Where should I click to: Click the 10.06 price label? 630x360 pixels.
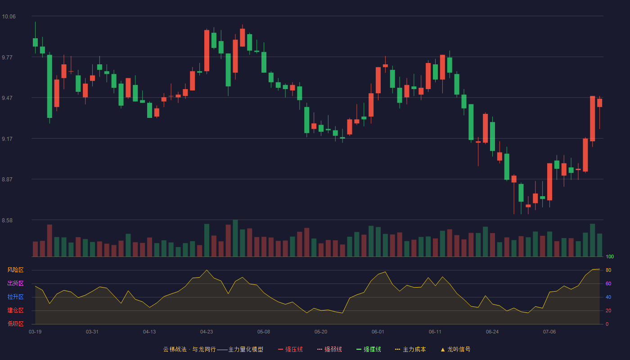pyautogui.click(x=9, y=17)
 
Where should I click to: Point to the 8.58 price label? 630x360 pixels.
pyautogui.click(x=7, y=220)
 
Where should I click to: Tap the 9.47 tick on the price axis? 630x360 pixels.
pyautogui.click(x=7, y=98)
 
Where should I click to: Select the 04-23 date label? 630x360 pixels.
pyautogui.click(x=207, y=332)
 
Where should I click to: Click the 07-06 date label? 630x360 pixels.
pyautogui.click(x=549, y=332)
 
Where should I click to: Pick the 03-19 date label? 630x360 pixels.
pyautogui.click(x=35, y=332)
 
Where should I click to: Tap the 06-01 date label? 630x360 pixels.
pyautogui.click(x=378, y=332)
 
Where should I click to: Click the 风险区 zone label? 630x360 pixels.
pyautogui.click(x=15, y=270)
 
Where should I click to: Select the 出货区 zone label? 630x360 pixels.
pyautogui.click(x=15, y=283)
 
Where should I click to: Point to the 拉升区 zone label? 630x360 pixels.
pyautogui.click(x=15, y=297)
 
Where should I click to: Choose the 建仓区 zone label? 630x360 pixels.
pyautogui.click(x=15, y=310)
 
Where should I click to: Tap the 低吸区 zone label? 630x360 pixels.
pyautogui.click(x=15, y=324)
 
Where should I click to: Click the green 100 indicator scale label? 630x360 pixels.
pyautogui.click(x=610, y=256)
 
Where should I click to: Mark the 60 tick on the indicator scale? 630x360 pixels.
pyautogui.click(x=608, y=283)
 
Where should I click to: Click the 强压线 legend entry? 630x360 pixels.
pyautogui.click(x=290, y=349)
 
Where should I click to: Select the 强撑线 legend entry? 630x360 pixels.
pyautogui.click(x=369, y=349)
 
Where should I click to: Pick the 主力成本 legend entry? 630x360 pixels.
pyautogui.click(x=410, y=349)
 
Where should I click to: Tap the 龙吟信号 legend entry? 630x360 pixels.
pyautogui.click(x=455, y=349)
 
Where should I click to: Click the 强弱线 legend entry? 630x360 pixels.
pyautogui.click(x=329, y=349)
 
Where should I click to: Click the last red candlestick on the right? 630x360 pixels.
pyautogui.click(x=599, y=103)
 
